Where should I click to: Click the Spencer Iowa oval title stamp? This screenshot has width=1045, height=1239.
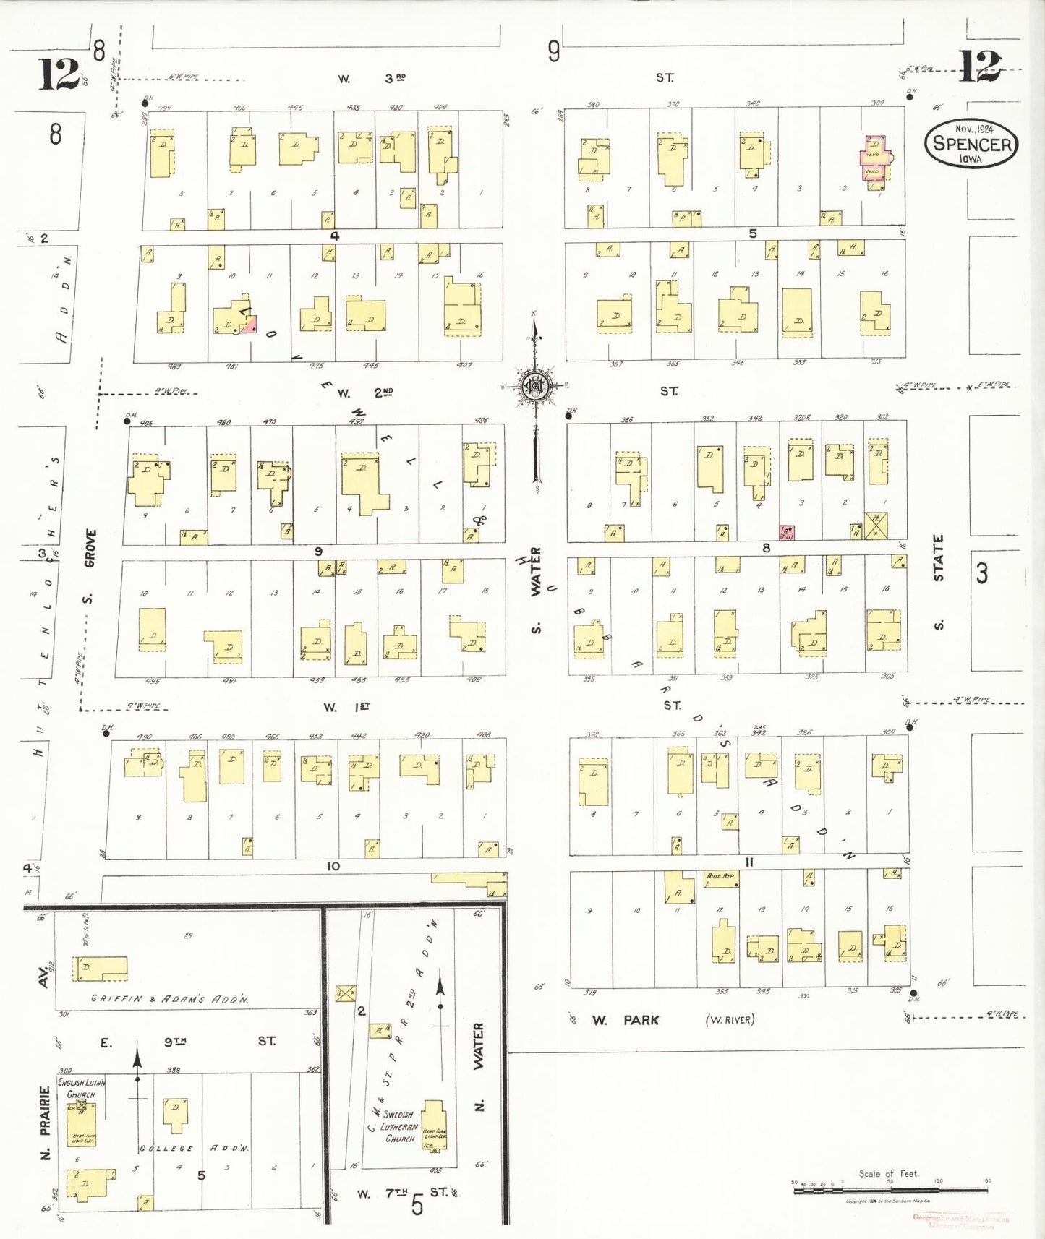(971, 144)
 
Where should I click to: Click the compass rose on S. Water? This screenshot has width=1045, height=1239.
(535, 387)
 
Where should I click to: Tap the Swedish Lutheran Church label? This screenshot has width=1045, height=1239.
(399, 1126)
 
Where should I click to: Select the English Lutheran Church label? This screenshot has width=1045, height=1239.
(81, 1088)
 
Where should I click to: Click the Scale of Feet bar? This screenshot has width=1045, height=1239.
(891, 1189)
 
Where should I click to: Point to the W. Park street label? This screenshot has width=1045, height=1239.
(626, 1020)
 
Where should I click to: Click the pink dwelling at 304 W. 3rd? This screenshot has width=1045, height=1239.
(874, 158)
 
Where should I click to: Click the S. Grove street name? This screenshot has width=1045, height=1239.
(89, 567)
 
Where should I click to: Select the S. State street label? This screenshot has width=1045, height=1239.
(938, 582)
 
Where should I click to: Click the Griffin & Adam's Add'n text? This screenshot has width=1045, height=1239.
(170, 999)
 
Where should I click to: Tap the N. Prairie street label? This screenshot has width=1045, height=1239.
(45, 1120)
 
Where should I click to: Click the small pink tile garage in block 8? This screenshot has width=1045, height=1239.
(786, 532)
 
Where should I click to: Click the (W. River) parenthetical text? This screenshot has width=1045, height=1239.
(730, 1020)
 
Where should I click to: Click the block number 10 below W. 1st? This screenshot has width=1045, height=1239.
(333, 866)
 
